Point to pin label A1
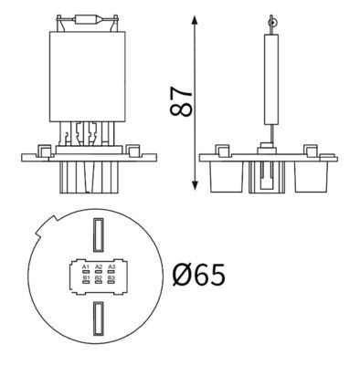click(x=85, y=266)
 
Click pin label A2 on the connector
click(x=97, y=266)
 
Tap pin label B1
click(x=85, y=276)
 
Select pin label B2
click(x=97, y=276)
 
